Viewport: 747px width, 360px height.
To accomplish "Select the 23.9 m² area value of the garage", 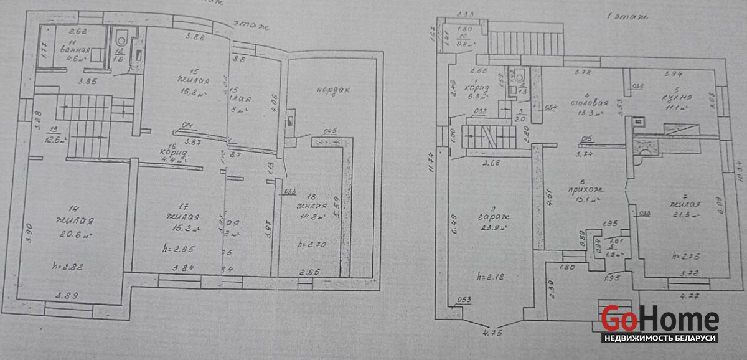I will click(x=493, y=229).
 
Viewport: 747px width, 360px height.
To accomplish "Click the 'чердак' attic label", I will click(x=332, y=90).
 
